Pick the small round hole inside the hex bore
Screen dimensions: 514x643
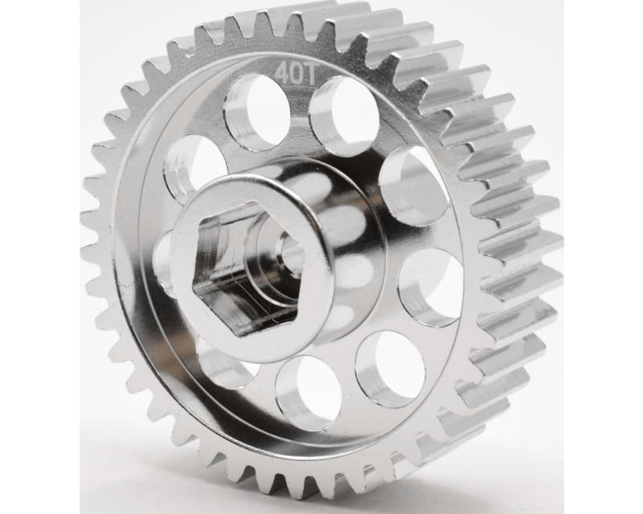coord(288,255)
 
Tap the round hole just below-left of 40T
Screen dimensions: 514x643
coord(257,112)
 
